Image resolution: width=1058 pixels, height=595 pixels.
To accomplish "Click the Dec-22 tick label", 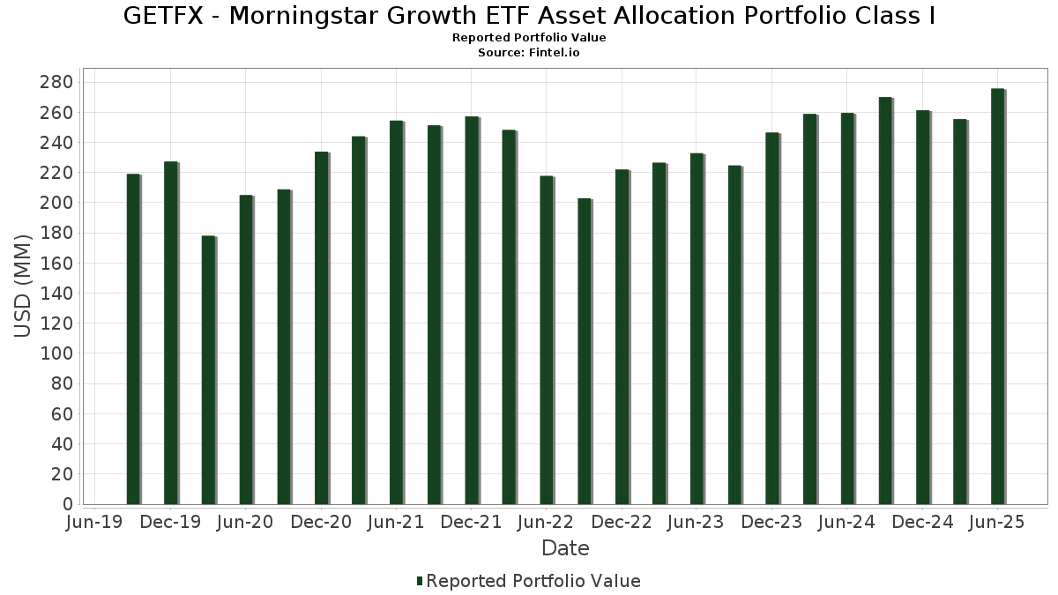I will (622, 523).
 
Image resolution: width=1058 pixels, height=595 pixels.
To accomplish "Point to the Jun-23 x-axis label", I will (697, 523).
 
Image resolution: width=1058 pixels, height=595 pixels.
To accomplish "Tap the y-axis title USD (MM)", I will (23, 286).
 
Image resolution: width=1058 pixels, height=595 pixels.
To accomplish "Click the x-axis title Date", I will (565, 548).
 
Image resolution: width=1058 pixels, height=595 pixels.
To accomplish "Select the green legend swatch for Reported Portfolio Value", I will (420, 581).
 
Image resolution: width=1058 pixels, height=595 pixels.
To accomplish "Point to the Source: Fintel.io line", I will (529, 53).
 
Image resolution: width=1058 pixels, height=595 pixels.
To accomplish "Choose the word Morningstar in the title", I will (310, 16).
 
